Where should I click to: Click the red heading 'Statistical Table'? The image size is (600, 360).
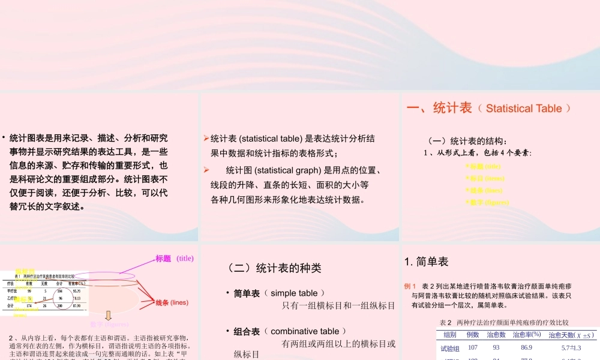coord(523,109)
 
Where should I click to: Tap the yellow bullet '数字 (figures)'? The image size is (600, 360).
coord(487,203)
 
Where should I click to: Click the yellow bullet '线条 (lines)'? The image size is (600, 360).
coord(485,190)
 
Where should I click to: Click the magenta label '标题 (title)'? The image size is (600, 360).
coord(174,259)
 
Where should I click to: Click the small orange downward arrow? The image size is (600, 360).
coord(109,315)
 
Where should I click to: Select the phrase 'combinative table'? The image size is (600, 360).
coord(305,331)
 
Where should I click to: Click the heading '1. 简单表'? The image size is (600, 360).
coord(427,262)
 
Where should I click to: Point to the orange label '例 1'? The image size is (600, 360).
coord(410,286)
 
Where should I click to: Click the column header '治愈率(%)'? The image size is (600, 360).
coord(527,335)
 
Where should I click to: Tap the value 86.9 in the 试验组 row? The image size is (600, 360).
coord(526,348)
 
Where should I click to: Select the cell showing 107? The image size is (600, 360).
coord(472,348)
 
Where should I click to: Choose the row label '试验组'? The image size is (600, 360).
coord(450,349)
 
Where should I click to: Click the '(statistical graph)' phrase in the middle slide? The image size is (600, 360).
coord(281,170)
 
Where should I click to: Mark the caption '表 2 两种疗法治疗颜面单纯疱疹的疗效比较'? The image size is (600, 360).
coord(504,322)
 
